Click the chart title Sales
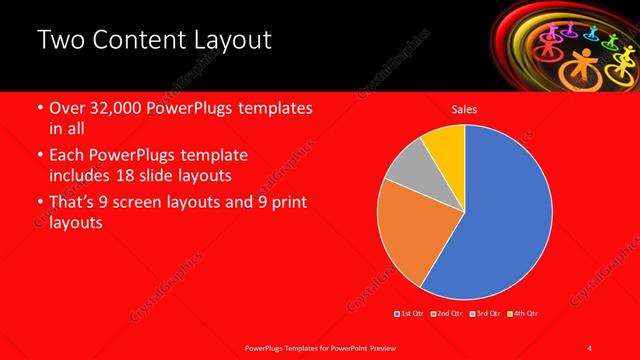coord(464,109)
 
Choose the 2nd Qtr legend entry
coord(446,314)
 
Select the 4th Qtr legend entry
coord(522,314)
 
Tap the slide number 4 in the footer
coord(591,347)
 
